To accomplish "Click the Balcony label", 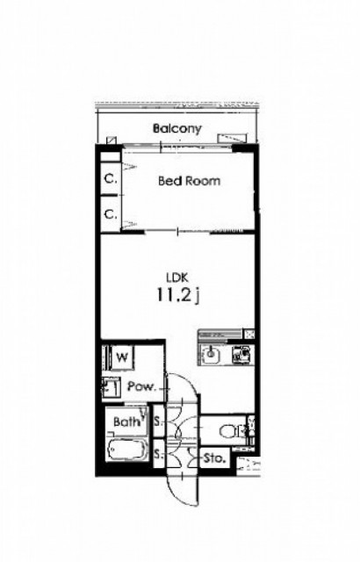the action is pos(177,129).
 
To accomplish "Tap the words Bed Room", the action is pos(189,181).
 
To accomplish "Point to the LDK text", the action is pos(177,277).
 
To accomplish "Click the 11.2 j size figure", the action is pos(177,295).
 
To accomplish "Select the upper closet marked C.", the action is pos(111,179).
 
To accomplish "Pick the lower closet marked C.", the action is pos(111,214).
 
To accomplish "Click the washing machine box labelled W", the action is pos(122,357).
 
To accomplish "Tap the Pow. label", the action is pos(142,386).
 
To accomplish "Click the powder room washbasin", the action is pos(111,387).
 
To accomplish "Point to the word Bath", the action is pos(126,421).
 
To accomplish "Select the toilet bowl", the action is pos(229,431).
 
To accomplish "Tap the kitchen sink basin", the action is pos(211,354).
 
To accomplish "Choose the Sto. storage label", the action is pos(214,458).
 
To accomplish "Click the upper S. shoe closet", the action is pos(159,421).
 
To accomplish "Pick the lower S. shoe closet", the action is pos(159,455).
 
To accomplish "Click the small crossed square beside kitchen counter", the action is pos(248,334).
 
